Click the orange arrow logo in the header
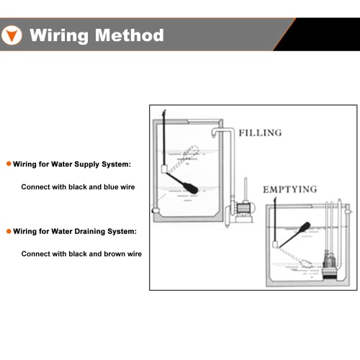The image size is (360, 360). pyautogui.click(x=12, y=35)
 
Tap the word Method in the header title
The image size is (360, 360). pyautogui.click(x=130, y=35)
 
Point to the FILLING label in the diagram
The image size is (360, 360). pyautogui.click(x=260, y=132)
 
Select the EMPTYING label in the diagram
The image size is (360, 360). pyautogui.click(x=290, y=189)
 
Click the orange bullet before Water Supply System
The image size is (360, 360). pyautogui.click(x=9, y=164)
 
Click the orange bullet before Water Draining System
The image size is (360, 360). pyautogui.click(x=9, y=231)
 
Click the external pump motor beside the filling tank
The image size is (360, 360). pyautogui.click(x=243, y=207)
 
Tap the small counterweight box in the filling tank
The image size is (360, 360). pyautogui.click(x=164, y=169)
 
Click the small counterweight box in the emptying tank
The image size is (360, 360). pyautogui.click(x=276, y=245)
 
